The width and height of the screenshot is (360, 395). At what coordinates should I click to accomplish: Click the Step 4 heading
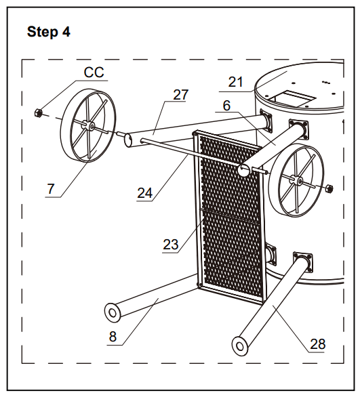point(47,32)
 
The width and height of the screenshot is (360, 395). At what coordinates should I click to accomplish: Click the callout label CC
point(94,72)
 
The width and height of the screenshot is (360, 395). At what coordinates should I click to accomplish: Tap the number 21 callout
point(235,82)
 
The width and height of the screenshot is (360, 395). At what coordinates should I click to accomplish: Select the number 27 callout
point(180,95)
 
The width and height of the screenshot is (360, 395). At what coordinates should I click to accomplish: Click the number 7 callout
point(50,188)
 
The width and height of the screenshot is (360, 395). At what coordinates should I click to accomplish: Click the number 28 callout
point(317,344)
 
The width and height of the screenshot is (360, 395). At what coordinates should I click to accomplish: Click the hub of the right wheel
point(296,180)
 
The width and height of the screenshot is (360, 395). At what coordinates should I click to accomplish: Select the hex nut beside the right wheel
point(329,187)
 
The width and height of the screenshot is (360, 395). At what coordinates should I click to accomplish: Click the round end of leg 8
point(112,312)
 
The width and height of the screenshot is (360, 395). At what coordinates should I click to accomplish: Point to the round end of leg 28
point(239,344)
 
